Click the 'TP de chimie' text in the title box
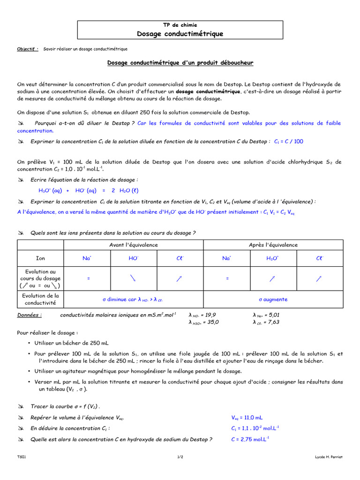pyautogui.click(x=180, y=25)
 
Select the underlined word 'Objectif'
pyautogui.click(x=26, y=49)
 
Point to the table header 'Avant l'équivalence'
pyautogui.click(x=134, y=245)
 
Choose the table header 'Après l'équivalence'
pyautogui.click(x=273, y=245)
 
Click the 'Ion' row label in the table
pyautogui.click(x=41, y=258)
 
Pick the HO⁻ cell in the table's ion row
pyautogui.click(x=134, y=258)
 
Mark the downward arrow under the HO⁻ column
pyautogui.click(x=134, y=278)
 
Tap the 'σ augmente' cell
pyautogui.click(x=273, y=299)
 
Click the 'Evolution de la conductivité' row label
pyautogui.click(x=41, y=299)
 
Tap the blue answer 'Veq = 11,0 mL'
pyautogui.click(x=247, y=417)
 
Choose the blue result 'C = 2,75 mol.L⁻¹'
pyautogui.click(x=250, y=439)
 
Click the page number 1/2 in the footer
pyautogui.click(x=180, y=457)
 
